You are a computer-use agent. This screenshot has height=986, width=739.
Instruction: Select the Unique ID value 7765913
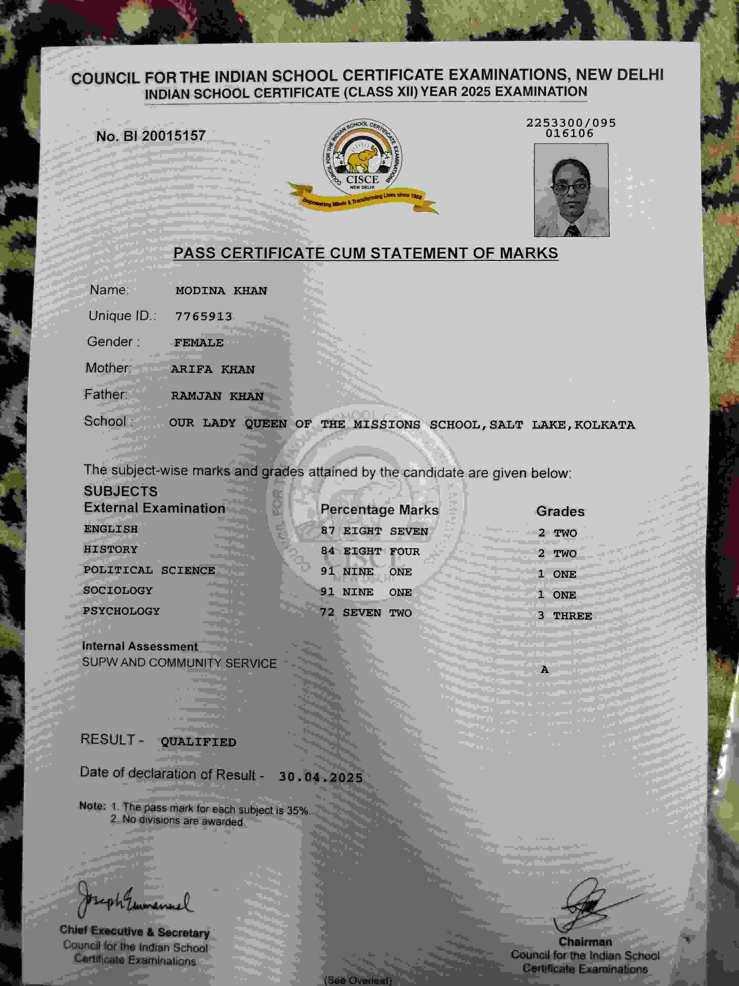pos(203,317)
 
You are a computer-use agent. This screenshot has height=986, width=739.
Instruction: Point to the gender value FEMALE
pos(199,343)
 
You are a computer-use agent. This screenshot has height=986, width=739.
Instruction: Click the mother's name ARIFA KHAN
pos(213,370)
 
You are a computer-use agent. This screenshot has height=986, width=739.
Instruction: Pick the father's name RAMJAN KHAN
pos(217,396)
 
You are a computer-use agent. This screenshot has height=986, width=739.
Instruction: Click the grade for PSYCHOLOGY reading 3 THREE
pos(564,616)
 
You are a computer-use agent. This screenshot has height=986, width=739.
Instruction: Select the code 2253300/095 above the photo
pos(571,123)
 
